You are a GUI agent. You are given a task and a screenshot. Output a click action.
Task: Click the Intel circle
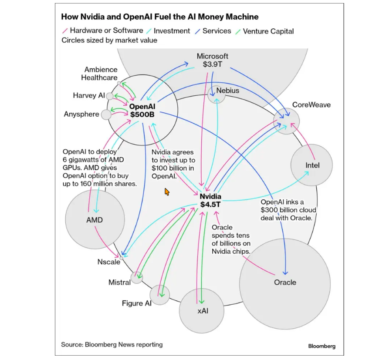click(311, 165)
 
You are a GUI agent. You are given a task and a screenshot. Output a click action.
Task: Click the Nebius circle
click(216, 94)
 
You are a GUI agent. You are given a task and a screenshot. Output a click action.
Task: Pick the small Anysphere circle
click(106, 114)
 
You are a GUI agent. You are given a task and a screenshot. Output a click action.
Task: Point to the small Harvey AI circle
click(110, 96)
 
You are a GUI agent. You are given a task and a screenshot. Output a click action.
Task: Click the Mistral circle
click(137, 278)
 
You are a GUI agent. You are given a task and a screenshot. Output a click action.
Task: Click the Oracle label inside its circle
click(285, 282)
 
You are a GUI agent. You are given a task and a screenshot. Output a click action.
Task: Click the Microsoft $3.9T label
click(212, 60)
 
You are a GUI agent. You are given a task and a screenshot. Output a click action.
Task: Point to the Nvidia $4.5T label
click(210, 200)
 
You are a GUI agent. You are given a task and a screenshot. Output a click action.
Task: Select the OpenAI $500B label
click(142, 110)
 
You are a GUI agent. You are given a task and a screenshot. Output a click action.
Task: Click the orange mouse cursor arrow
click(166, 192)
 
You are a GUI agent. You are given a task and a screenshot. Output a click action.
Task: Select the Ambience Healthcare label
click(101, 74)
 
